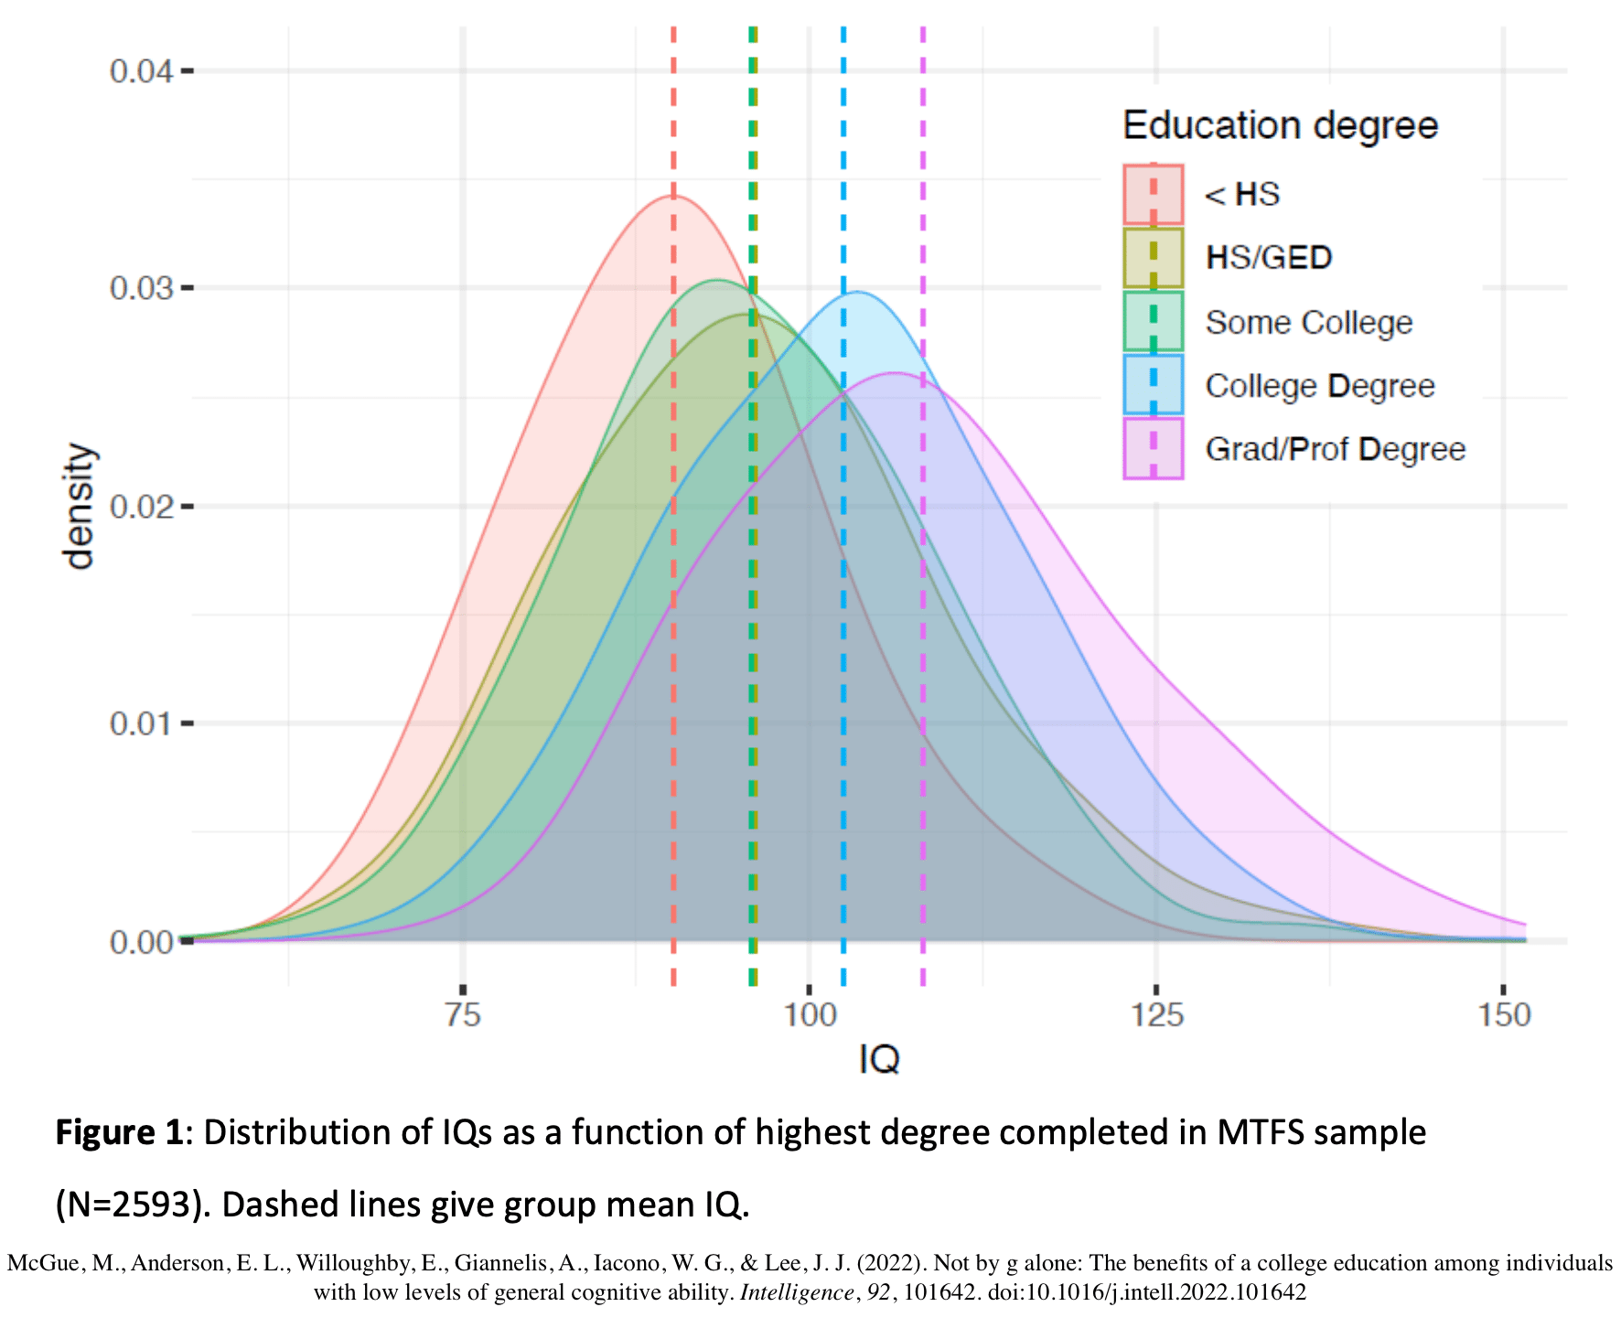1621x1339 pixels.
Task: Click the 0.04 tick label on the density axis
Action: [141, 71]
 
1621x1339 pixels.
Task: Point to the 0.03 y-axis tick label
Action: [141, 288]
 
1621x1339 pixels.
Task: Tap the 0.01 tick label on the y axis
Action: [141, 724]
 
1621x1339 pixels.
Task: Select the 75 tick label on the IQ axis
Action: [463, 1015]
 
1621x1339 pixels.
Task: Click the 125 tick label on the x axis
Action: [1157, 1015]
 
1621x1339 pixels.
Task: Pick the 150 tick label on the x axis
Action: [1504, 1015]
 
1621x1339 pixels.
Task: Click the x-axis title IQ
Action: [879, 1060]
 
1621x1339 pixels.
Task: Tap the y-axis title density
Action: [81, 507]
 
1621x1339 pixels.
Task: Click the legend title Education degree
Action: [1280, 125]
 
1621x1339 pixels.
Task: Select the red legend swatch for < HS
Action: [1153, 195]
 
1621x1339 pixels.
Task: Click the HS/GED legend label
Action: [1268, 258]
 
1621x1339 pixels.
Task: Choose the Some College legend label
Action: [1308, 322]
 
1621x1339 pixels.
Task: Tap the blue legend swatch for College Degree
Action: [1153, 385]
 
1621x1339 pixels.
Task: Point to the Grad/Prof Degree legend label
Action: [1335, 449]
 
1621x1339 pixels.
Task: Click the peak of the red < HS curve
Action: [675, 197]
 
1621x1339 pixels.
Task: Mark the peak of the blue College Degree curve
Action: [856, 293]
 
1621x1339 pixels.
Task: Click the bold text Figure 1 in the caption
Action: [119, 1132]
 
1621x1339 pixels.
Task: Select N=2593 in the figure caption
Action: [128, 1205]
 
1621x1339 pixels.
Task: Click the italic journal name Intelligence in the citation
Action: [796, 1292]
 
